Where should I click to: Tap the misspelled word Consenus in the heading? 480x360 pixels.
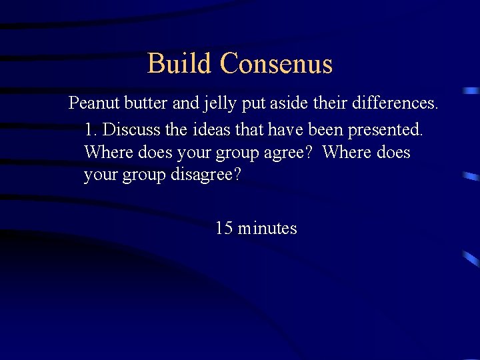[275, 64]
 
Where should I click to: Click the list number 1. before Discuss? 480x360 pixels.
[92, 128]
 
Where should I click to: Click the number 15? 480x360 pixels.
[224, 229]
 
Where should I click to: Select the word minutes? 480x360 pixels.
[267, 229]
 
